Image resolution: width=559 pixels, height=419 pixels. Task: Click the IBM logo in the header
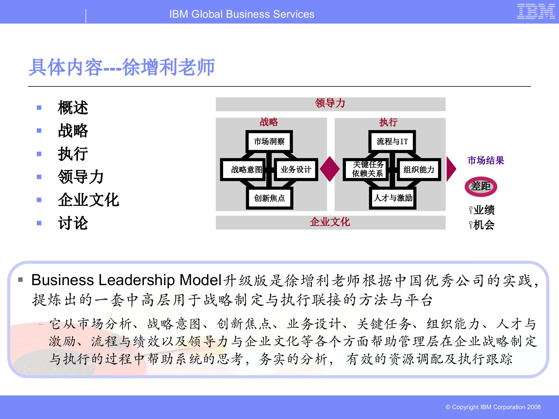536,12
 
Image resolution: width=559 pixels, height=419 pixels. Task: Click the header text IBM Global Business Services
242,14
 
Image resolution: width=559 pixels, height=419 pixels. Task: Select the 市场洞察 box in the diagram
269,141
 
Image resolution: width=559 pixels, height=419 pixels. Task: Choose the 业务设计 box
296,169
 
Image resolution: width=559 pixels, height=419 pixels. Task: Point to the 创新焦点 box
269,198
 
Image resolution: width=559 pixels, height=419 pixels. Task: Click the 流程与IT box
392,141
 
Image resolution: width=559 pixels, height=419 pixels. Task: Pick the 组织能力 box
419,169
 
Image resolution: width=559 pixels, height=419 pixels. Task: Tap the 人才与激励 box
393,198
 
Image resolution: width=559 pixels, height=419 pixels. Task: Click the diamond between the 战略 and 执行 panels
330,169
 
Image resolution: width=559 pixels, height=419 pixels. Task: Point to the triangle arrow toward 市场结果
451,169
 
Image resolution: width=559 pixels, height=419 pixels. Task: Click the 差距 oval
481,187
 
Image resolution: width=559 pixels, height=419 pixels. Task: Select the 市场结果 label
486,160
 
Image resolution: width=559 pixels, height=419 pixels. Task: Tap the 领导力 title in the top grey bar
330,103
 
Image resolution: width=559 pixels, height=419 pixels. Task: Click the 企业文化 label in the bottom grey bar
330,222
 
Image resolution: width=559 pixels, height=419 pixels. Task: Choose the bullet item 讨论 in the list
73,223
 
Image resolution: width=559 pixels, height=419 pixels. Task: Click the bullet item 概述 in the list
73,108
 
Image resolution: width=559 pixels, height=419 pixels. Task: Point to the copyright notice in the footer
493,407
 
